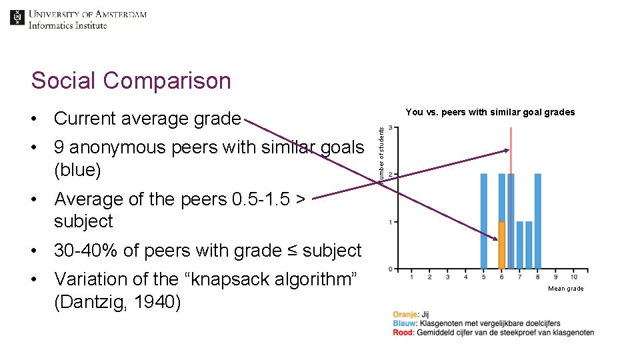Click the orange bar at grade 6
[x=501, y=245]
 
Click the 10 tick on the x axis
[x=574, y=277]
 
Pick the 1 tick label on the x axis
[x=411, y=277]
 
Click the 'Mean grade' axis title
[x=565, y=289]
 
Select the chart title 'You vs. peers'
[x=490, y=112]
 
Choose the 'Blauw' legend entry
[x=405, y=323]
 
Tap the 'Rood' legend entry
[x=404, y=332]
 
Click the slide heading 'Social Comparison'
[x=131, y=81]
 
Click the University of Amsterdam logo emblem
[x=17, y=18]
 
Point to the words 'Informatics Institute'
[x=67, y=25]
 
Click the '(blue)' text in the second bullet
[x=77, y=171]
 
